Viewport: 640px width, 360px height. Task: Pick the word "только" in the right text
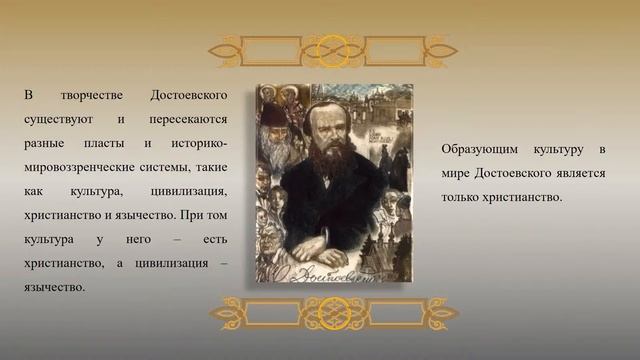(461, 198)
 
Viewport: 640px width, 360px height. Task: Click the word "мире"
(456, 174)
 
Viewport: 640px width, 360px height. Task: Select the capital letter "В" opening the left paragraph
(29, 96)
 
